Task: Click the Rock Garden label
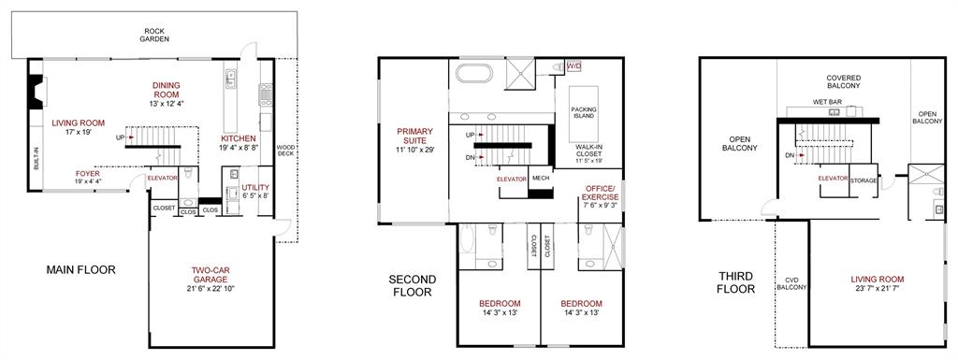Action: click(x=154, y=34)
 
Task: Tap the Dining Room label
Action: click(x=166, y=91)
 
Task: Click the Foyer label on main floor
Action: click(x=89, y=174)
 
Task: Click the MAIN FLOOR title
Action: click(x=80, y=269)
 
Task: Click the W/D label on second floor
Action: click(x=574, y=66)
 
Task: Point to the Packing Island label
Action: click(x=584, y=114)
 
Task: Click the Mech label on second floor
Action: click(x=540, y=178)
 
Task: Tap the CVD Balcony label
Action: click(x=791, y=283)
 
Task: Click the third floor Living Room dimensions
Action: click(x=877, y=288)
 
